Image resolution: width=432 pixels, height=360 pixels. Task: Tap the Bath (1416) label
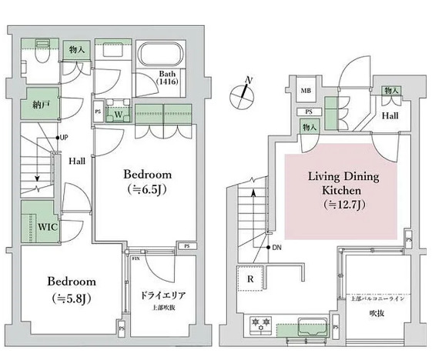(168, 75)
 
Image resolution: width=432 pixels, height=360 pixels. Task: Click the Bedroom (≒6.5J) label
(147, 181)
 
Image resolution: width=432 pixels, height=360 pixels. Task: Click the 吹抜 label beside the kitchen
(375, 313)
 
